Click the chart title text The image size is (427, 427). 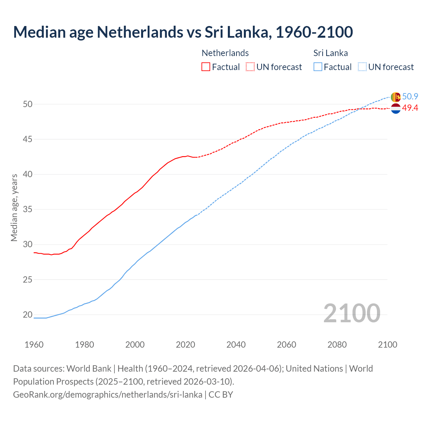[x=183, y=32]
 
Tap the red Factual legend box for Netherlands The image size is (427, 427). [x=206, y=67]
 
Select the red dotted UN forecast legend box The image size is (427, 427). [x=250, y=67]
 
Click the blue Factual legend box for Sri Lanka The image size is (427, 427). [x=318, y=67]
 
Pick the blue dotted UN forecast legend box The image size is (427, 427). [x=362, y=67]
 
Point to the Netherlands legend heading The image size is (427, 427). [x=225, y=53]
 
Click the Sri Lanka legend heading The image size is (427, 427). [x=331, y=53]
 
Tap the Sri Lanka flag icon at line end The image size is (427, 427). [x=395, y=97]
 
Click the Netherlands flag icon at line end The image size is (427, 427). [x=395, y=108]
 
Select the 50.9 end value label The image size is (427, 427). [x=410, y=97]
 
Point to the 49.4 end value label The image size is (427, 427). [x=410, y=108]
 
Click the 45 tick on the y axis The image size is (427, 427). [x=28, y=139]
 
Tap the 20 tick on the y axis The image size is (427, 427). [x=28, y=315]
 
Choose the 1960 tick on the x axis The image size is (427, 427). [x=34, y=345]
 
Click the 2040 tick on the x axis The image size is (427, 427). [x=236, y=345]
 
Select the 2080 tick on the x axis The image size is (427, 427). [x=337, y=345]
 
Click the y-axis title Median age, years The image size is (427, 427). [x=14, y=207]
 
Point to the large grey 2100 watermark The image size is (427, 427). [x=352, y=313]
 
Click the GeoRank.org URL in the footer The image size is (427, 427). [x=107, y=395]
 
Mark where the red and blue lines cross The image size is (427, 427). [x=360, y=108]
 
